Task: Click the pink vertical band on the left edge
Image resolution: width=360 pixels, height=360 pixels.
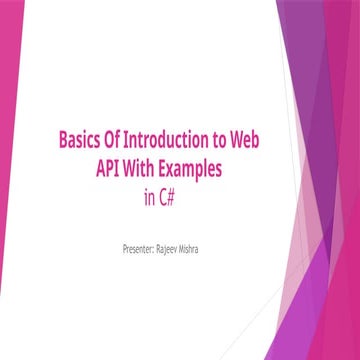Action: (x=9, y=180)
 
